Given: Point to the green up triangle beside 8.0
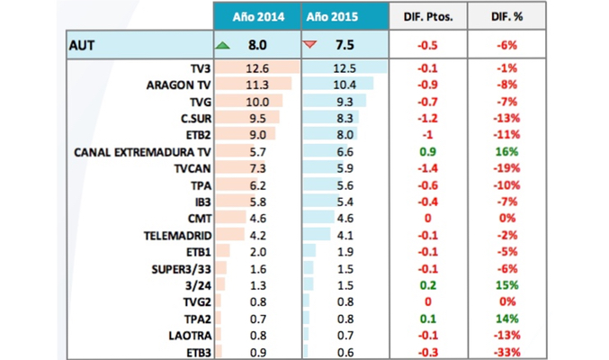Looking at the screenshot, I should [221, 44].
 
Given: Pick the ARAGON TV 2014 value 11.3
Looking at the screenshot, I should [256, 85].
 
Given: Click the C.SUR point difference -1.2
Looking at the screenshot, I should [428, 118].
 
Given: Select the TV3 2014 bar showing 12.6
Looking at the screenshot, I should [256, 68].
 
